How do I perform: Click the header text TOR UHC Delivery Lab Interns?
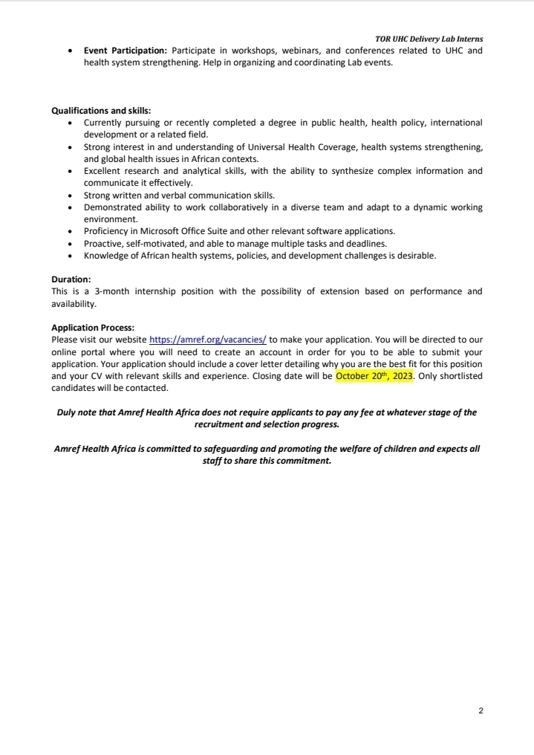tap(429, 39)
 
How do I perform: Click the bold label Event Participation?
tap(126, 51)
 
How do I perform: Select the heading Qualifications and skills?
tap(101, 111)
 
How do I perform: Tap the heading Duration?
tap(71, 279)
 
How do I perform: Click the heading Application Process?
tap(93, 327)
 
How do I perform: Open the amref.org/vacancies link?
tap(208, 340)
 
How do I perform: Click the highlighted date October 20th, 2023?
tap(374, 376)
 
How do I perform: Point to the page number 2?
tap(481, 711)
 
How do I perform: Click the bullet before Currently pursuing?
tap(70, 123)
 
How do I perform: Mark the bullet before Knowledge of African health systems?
tap(70, 256)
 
